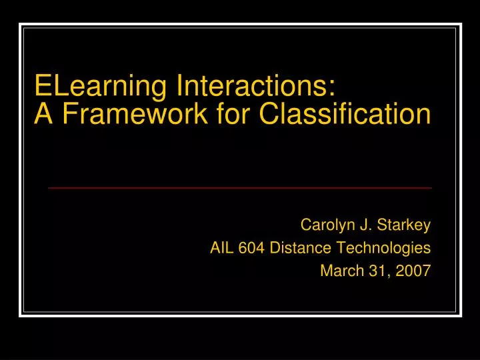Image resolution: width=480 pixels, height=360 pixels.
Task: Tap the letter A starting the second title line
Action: (x=43, y=114)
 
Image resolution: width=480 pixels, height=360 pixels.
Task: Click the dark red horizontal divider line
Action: (x=240, y=188)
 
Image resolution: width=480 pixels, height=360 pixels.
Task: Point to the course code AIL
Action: (x=221, y=248)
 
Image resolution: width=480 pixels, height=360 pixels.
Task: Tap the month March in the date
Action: (x=339, y=270)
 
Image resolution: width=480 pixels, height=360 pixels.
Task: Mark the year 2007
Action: (x=413, y=270)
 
